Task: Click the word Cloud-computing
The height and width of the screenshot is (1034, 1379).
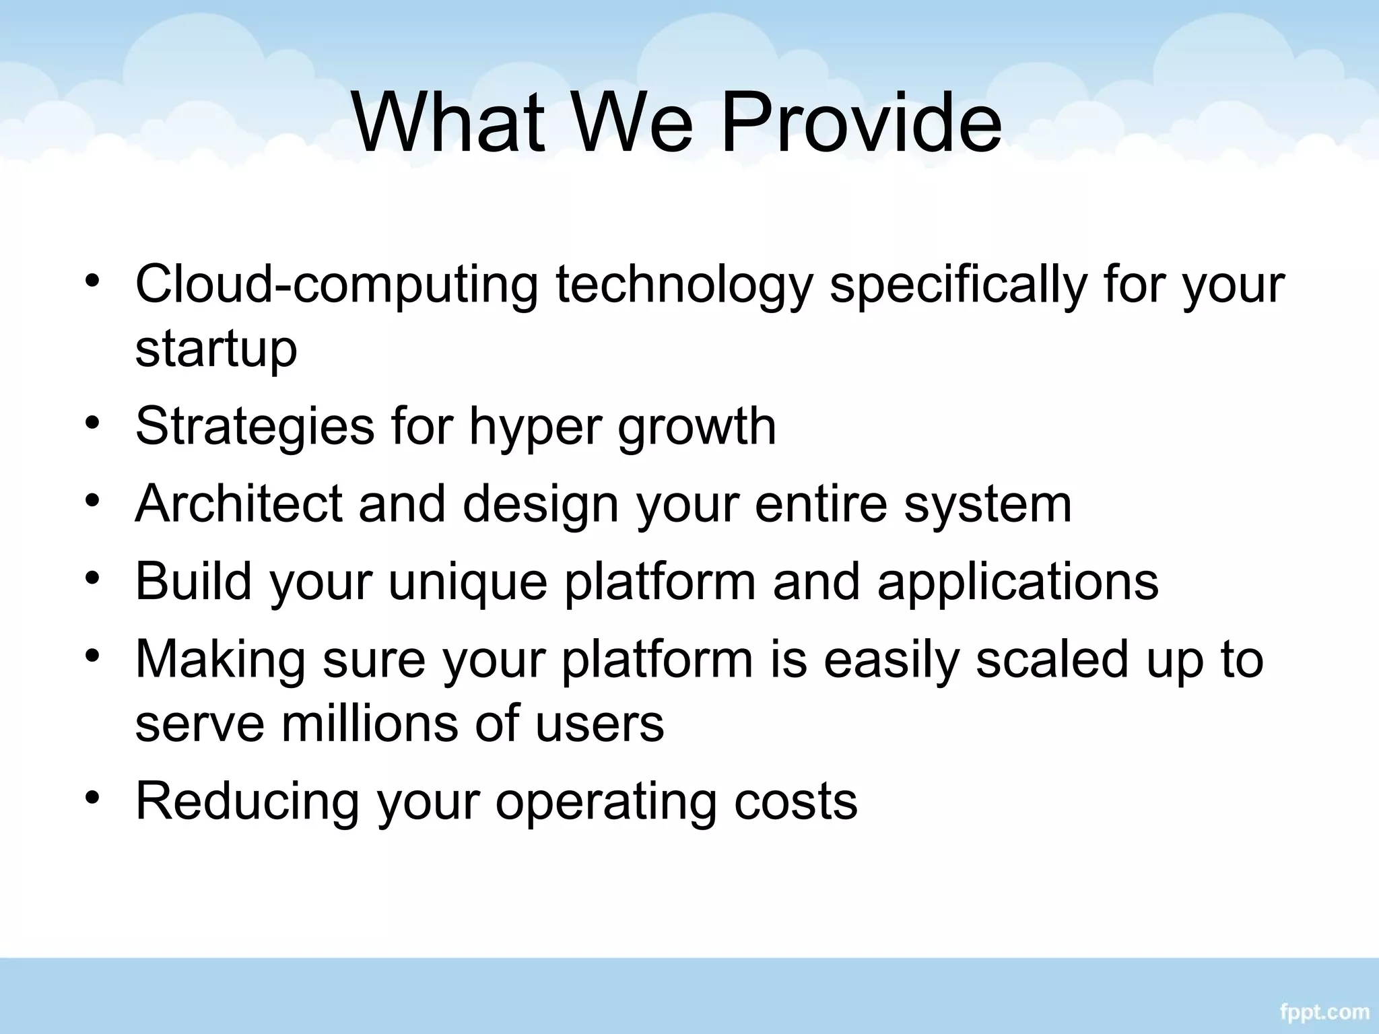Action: pos(337,285)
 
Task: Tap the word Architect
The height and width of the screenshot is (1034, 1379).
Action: pos(238,504)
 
